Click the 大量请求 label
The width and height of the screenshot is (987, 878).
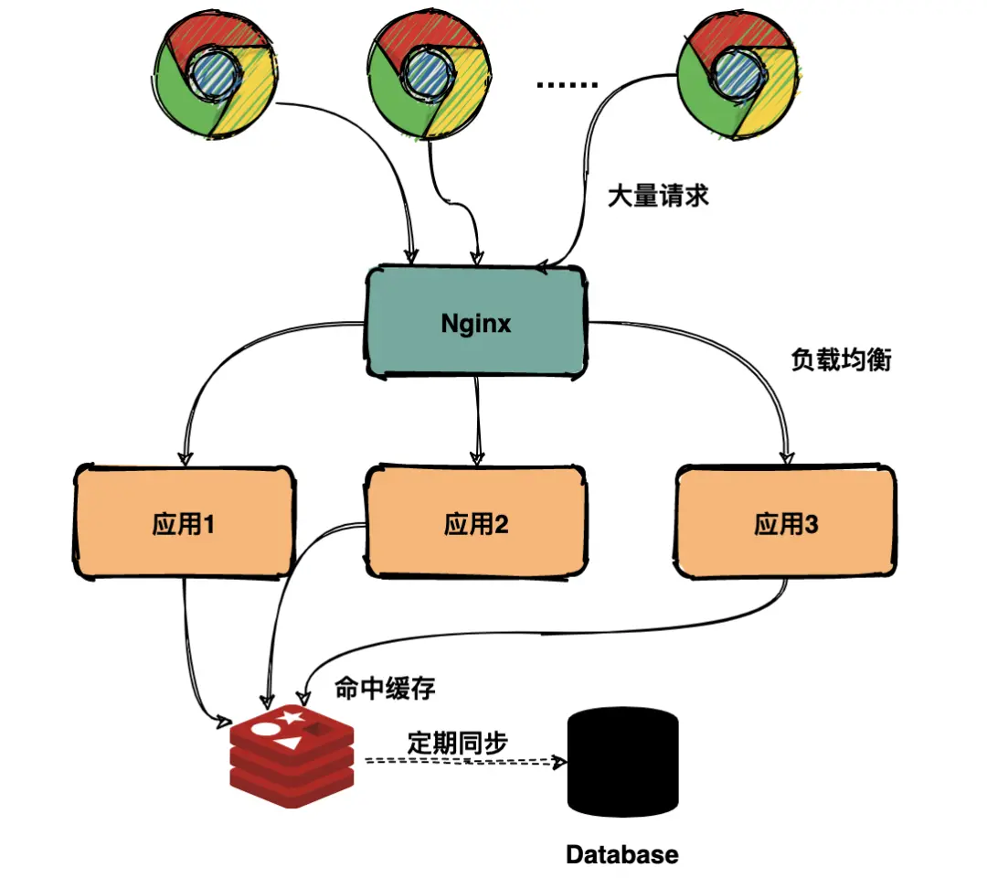click(x=658, y=196)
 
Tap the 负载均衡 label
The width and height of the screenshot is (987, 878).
click(x=840, y=359)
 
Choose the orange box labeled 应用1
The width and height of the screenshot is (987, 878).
click(x=184, y=524)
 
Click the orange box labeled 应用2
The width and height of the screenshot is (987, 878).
click(x=476, y=524)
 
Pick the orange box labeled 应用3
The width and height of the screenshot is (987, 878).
click(x=786, y=524)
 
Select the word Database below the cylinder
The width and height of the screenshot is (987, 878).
click(x=622, y=854)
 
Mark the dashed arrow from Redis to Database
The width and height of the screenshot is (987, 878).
click(x=457, y=762)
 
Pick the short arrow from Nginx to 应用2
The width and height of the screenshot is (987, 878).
click(x=476, y=421)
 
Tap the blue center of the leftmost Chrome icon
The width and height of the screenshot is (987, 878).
click(x=213, y=75)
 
